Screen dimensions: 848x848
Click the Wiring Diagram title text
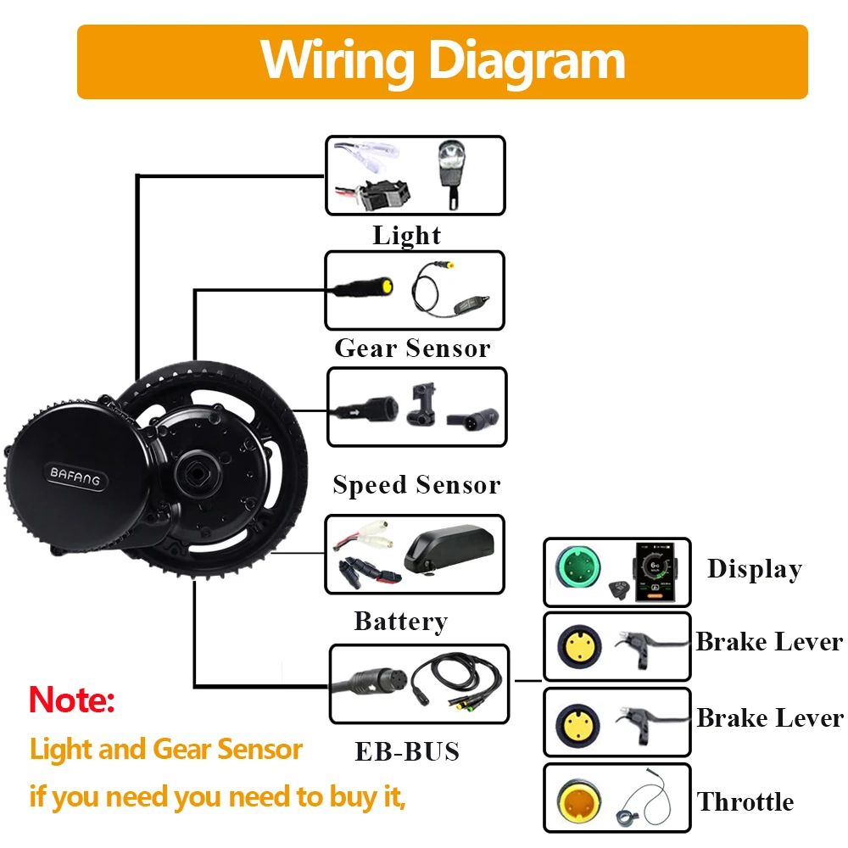coord(442,60)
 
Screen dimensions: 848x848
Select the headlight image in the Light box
coord(450,172)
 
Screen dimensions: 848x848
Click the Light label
coord(407,236)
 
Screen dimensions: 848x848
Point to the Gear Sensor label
coord(412,348)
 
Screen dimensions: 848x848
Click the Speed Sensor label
coord(416,485)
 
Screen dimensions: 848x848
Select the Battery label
coord(400,622)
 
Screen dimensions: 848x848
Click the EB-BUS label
coord(407,751)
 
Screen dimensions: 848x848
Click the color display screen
coord(654,570)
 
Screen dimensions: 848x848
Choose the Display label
coord(755,570)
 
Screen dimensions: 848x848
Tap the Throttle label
coord(745,801)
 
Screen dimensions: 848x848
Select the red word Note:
coord(71,700)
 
